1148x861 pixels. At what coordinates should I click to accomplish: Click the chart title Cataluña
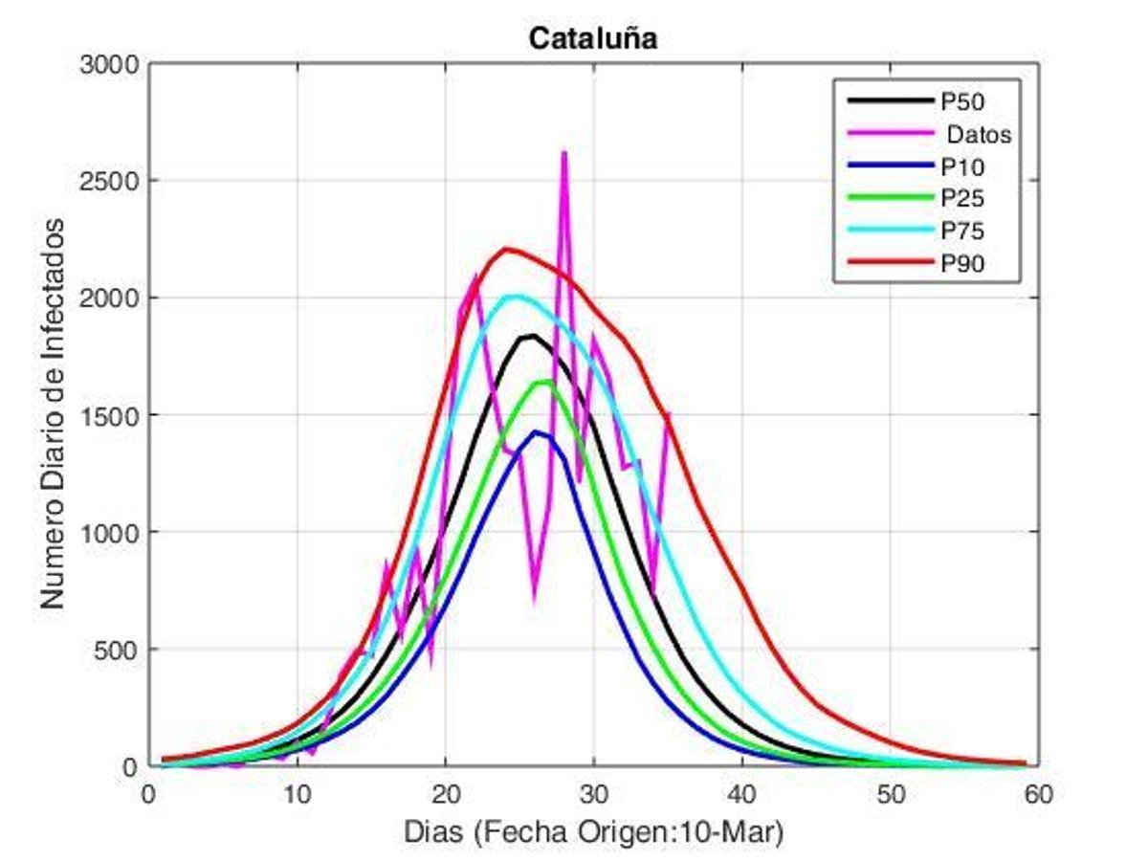pyautogui.click(x=593, y=38)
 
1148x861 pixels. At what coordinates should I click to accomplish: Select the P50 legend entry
pyautogui.click(x=962, y=100)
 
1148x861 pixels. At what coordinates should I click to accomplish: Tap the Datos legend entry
pyautogui.click(x=972, y=134)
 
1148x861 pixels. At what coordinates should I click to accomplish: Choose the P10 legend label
pyautogui.click(x=962, y=166)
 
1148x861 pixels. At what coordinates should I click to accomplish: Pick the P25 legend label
pyautogui.click(x=962, y=199)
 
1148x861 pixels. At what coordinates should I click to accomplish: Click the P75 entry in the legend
pyautogui.click(x=962, y=232)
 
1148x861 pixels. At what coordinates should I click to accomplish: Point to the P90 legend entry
pyautogui.click(x=962, y=264)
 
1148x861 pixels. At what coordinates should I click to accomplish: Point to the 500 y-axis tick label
pyautogui.click(x=121, y=650)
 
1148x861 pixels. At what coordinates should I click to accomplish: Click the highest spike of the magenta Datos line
pyautogui.click(x=564, y=152)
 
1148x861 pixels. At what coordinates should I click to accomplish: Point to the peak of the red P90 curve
pyautogui.click(x=507, y=249)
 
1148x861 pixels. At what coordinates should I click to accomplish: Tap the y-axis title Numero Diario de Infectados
pyautogui.click(x=55, y=413)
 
